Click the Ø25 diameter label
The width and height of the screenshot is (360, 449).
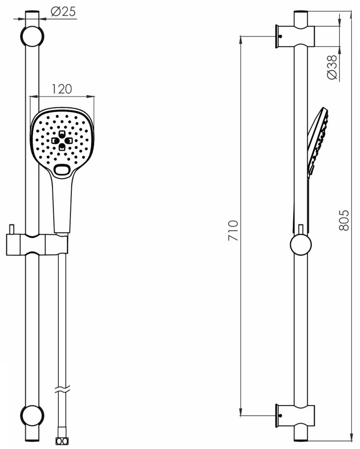pyautogui.click(x=63, y=11)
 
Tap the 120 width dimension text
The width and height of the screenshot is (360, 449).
pyautogui.click(x=62, y=89)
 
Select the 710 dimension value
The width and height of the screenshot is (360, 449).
pyautogui.click(x=233, y=230)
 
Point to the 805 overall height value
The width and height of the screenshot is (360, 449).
pyautogui.click(x=344, y=220)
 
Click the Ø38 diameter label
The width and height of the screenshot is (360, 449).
pyautogui.click(x=332, y=67)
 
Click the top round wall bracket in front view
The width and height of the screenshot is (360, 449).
pyautogui.click(x=32, y=36)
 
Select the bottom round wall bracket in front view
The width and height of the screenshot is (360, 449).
pyautogui.click(x=32, y=416)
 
